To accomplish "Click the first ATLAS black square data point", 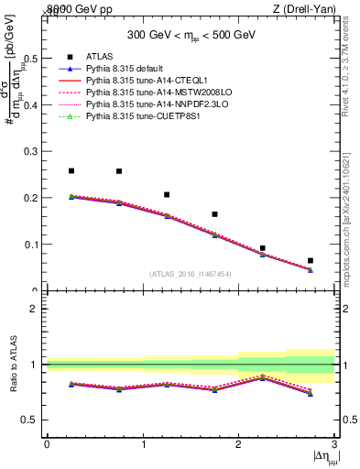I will pyautogui.click(x=71, y=170).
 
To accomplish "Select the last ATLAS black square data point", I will pyautogui.click(x=311, y=261).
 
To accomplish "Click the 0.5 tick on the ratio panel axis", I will pyautogui.click(x=33, y=420).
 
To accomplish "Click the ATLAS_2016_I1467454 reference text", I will pyautogui.click(x=191, y=274).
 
